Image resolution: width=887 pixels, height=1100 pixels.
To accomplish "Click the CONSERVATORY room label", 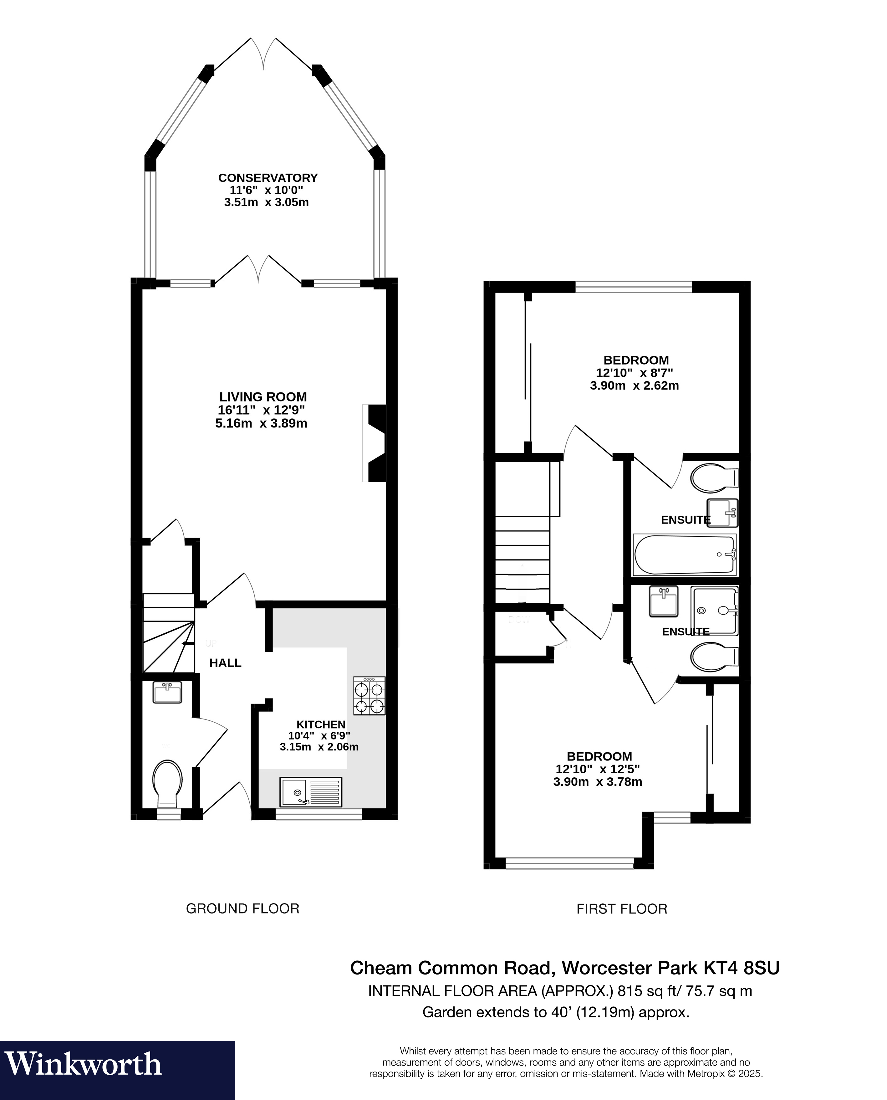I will point(268,178).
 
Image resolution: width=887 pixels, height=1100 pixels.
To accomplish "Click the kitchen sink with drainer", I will point(311,792).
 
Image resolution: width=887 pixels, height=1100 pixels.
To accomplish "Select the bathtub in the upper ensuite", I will point(685,554).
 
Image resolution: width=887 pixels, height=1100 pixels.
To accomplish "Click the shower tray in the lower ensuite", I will point(714,611).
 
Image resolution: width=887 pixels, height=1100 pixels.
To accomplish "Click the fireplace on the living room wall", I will point(375,443).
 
